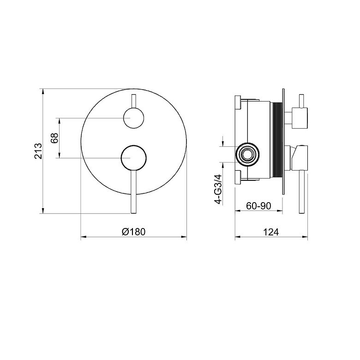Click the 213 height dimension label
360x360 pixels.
tap(38, 151)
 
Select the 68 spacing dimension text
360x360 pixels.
tap(54, 138)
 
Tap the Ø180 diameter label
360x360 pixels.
tap(134, 232)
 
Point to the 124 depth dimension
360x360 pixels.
tap(271, 232)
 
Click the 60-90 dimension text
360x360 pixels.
tap(259, 206)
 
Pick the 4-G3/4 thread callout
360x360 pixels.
tap(219, 189)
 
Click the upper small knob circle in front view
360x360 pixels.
tap(134, 118)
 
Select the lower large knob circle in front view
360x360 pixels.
tap(134, 158)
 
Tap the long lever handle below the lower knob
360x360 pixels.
tap(134, 192)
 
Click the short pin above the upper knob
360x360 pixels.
tap(134, 101)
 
